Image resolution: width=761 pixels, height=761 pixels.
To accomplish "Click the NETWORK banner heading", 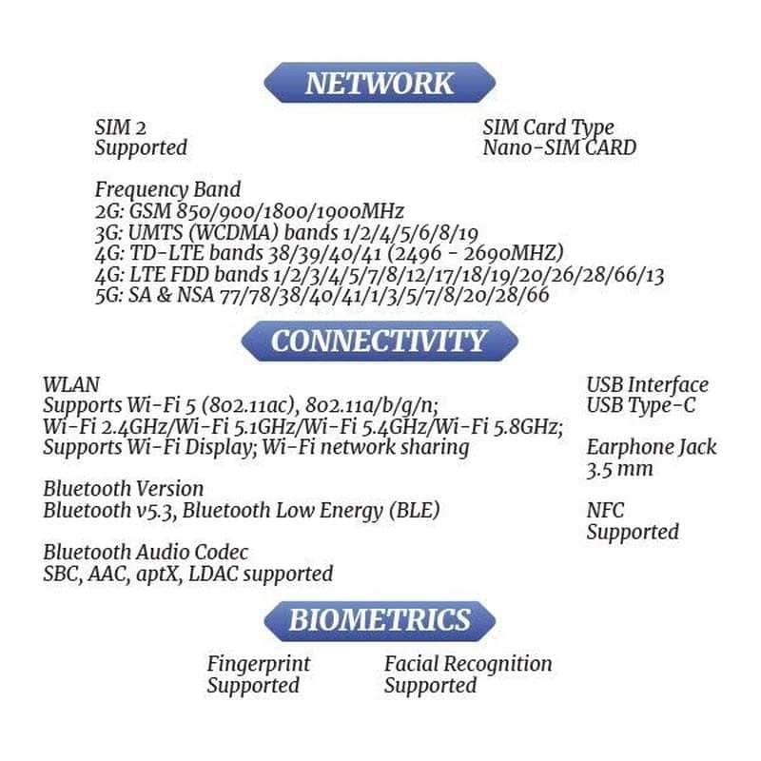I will click(x=380, y=83).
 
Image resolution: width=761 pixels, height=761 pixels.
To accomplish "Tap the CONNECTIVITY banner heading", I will click(x=379, y=341).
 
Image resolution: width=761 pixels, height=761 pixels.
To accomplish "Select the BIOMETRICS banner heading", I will click(x=380, y=620).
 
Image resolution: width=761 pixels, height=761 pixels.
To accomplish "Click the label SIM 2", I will click(x=121, y=127).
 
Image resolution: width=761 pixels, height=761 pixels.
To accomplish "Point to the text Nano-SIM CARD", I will click(x=559, y=148).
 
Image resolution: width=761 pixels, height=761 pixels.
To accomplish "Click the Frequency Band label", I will click(x=167, y=189).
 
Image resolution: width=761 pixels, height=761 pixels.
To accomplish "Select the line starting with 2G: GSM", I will click(x=249, y=211).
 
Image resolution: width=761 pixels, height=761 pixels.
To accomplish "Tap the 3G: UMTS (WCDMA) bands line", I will click(x=286, y=233).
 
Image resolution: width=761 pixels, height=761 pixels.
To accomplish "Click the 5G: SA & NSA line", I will click(x=322, y=296).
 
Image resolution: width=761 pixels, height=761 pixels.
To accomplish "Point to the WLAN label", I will click(x=71, y=384).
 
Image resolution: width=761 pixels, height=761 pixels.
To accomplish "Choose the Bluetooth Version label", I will click(x=123, y=489).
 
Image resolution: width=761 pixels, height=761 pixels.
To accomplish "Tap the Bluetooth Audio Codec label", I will click(x=146, y=553).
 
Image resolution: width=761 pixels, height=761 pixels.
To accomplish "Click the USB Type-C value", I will click(x=640, y=406).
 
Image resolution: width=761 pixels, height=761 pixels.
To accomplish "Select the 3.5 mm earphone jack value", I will click(x=619, y=469).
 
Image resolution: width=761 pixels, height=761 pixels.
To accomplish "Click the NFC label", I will click(x=605, y=511).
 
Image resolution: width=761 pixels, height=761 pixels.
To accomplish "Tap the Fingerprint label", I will click(x=259, y=664).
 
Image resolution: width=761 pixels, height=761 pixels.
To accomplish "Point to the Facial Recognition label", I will click(x=468, y=664).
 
